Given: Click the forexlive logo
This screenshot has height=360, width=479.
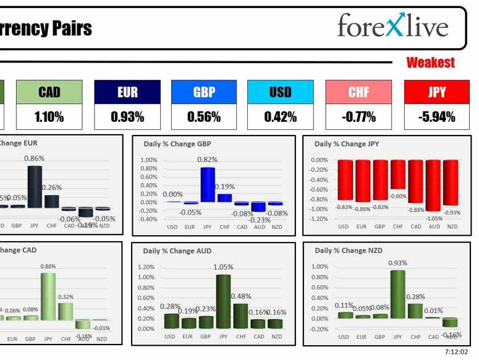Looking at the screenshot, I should coord(392,27).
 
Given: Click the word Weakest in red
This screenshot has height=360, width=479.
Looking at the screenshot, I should coord(430,62).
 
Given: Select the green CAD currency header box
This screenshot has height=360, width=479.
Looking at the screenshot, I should coord(49,92).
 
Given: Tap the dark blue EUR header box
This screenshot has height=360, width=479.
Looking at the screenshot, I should coord(127,92).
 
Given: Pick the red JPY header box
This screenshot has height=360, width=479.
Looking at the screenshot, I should coord(436,92).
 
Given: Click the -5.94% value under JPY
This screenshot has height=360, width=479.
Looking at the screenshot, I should coord(436,116).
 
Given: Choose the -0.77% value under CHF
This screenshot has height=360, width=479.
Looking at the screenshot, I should coord(358,116).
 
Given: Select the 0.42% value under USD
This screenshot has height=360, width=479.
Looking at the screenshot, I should coord(280,116).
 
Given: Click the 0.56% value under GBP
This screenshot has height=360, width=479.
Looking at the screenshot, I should coord(204,116).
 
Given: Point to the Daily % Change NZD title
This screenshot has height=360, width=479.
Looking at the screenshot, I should coord(348,251).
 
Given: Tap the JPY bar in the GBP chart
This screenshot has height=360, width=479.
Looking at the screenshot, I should coord(207,185).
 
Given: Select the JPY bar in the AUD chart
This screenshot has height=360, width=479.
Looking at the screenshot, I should coord(223,301).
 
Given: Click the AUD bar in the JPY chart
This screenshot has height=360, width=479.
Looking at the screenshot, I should coord(434,185).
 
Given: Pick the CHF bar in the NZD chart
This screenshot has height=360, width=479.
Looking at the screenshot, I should coord(416,311).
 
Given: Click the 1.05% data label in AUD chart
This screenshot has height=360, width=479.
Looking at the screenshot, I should coord(223,267).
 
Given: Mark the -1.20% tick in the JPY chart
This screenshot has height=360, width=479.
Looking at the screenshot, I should coord(319,219).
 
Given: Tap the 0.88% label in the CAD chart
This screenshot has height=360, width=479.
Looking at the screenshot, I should coord(48,267).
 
